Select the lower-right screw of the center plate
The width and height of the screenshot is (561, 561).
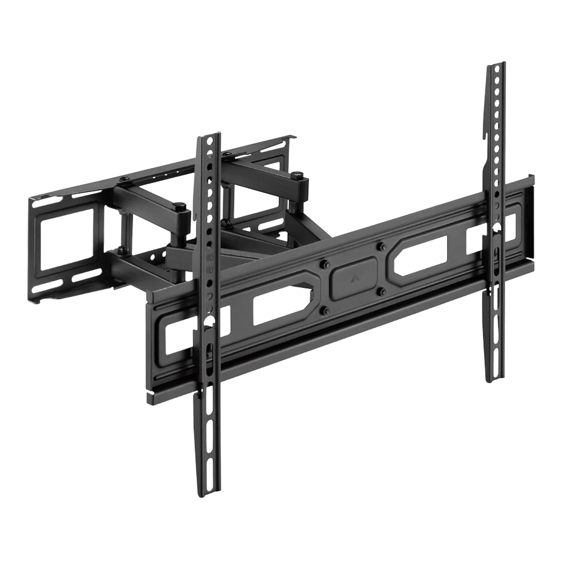point(381,291)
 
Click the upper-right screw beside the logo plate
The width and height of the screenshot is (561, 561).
point(381,245)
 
